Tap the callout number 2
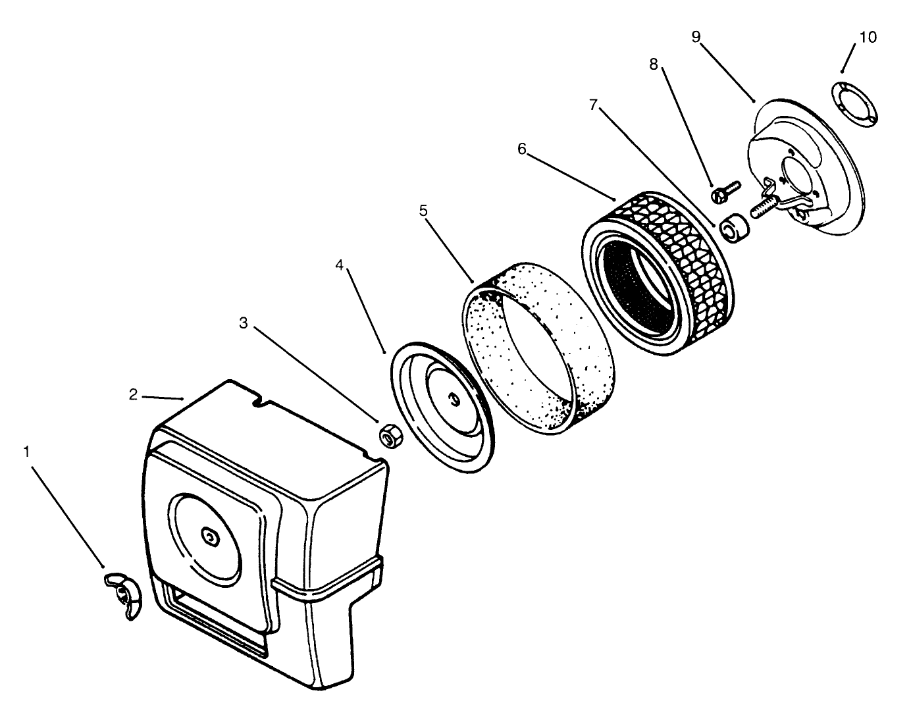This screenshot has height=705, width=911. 133,394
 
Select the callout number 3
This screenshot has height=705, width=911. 244,323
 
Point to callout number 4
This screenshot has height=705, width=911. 340,265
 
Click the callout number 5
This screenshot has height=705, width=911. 423,211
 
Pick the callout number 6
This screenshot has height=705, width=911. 522,149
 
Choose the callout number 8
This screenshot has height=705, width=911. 653,64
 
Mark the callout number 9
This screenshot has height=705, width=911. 696,37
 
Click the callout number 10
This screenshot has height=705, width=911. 868,38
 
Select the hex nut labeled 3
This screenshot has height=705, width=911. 392,435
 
